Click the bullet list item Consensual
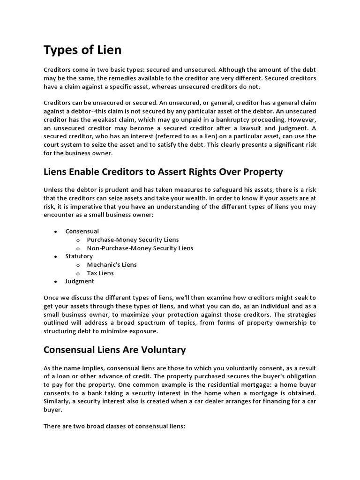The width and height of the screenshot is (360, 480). pyautogui.click(x=82, y=231)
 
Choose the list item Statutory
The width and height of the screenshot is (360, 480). pyautogui.click(x=79, y=256)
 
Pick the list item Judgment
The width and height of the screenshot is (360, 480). pyautogui.click(x=80, y=281)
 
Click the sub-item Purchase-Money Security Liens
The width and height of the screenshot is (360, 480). pyautogui.click(x=133, y=240)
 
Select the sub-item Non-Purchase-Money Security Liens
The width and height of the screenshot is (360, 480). pyautogui.click(x=140, y=248)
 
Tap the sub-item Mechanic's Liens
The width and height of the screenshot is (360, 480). pyautogui.click(x=112, y=265)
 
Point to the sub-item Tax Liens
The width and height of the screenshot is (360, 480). pyautogui.click(x=100, y=273)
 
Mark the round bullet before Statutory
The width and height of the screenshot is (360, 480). pyautogui.click(x=56, y=257)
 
